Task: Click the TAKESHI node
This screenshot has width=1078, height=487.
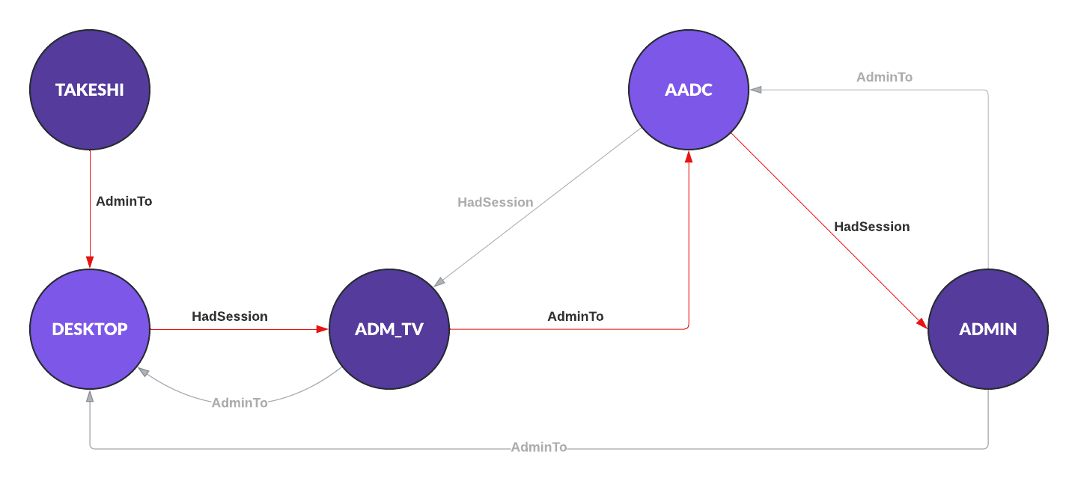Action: pyautogui.click(x=90, y=90)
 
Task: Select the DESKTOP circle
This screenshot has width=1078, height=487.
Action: pyautogui.click(x=90, y=329)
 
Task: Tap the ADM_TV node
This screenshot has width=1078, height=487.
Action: pyautogui.click(x=389, y=329)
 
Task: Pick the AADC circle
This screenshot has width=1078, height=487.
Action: pyautogui.click(x=689, y=90)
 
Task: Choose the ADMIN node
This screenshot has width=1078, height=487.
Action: pyautogui.click(x=988, y=329)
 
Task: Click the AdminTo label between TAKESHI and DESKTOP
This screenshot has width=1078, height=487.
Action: pyautogui.click(x=124, y=201)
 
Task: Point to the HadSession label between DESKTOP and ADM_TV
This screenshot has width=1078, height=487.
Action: pyautogui.click(x=230, y=316)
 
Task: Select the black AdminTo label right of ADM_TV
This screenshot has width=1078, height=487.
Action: pyautogui.click(x=576, y=316)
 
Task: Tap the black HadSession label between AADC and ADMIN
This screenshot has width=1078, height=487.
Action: pyautogui.click(x=872, y=227)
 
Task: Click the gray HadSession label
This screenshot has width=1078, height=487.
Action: pyautogui.click(x=496, y=202)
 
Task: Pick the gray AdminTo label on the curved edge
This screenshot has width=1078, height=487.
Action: pyautogui.click(x=240, y=402)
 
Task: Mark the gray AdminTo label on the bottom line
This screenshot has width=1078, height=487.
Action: pyautogui.click(x=539, y=447)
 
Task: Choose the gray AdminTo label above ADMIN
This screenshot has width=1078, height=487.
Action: pyautogui.click(x=884, y=77)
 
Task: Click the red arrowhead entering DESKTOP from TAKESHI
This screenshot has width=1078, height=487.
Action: pyautogui.click(x=90, y=263)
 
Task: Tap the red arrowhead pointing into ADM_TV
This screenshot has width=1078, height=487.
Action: pyautogui.click(x=323, y=329)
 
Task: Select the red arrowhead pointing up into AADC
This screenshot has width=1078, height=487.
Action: pyautogui.click(x=689, y=156)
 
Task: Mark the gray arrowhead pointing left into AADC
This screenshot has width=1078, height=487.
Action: pyautogui.click(x=756, y=90)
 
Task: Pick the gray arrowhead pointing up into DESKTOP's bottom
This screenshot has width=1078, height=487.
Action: pyautogui.click(x=90, y=396)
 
